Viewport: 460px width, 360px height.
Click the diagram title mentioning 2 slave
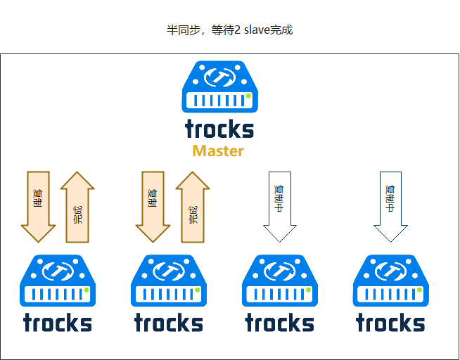(x=229, y=30)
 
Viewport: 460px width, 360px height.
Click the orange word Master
(x=218, y=151)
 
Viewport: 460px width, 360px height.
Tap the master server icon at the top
(x=220, y=87)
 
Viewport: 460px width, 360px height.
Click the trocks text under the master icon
(x=219, y=129)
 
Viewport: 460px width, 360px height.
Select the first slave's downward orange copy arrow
(x=38, y=205)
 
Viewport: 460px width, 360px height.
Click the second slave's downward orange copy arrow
(x=153, y=205)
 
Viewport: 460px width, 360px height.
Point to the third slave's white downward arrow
(x=280, y=205)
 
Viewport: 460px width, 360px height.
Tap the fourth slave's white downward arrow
(x=391, y=205)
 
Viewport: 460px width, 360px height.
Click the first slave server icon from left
(x=58, y=281)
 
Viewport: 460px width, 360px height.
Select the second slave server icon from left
(x=169, y=281)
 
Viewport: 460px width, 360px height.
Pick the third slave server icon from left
(x=280, y=281)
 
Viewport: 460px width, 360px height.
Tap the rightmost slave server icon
(x=391, y=281)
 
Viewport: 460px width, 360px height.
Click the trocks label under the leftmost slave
(x=58, y=323)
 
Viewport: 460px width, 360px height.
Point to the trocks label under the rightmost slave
(x=391, y=323)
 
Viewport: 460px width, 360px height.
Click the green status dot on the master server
(x=248, y=96)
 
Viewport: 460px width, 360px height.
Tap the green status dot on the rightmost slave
(x=419, y=290)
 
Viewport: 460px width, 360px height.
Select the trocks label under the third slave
(x=280, y=323)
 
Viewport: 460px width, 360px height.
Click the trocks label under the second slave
(x=169, y=323)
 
